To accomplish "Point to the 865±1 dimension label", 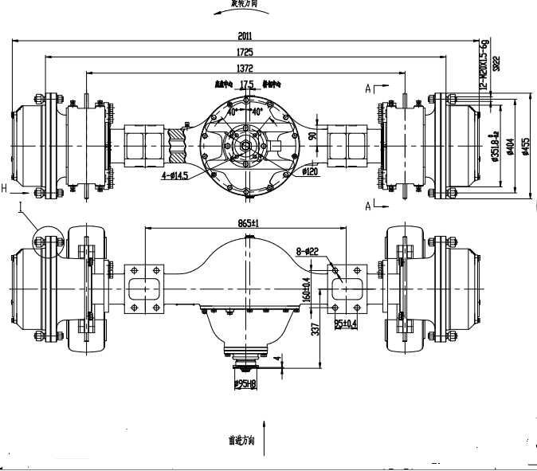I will tap(251, 222).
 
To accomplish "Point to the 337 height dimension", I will tap(315, 328).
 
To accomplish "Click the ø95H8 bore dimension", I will tap(247, 385).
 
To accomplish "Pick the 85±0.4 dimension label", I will tap(346, 323).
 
